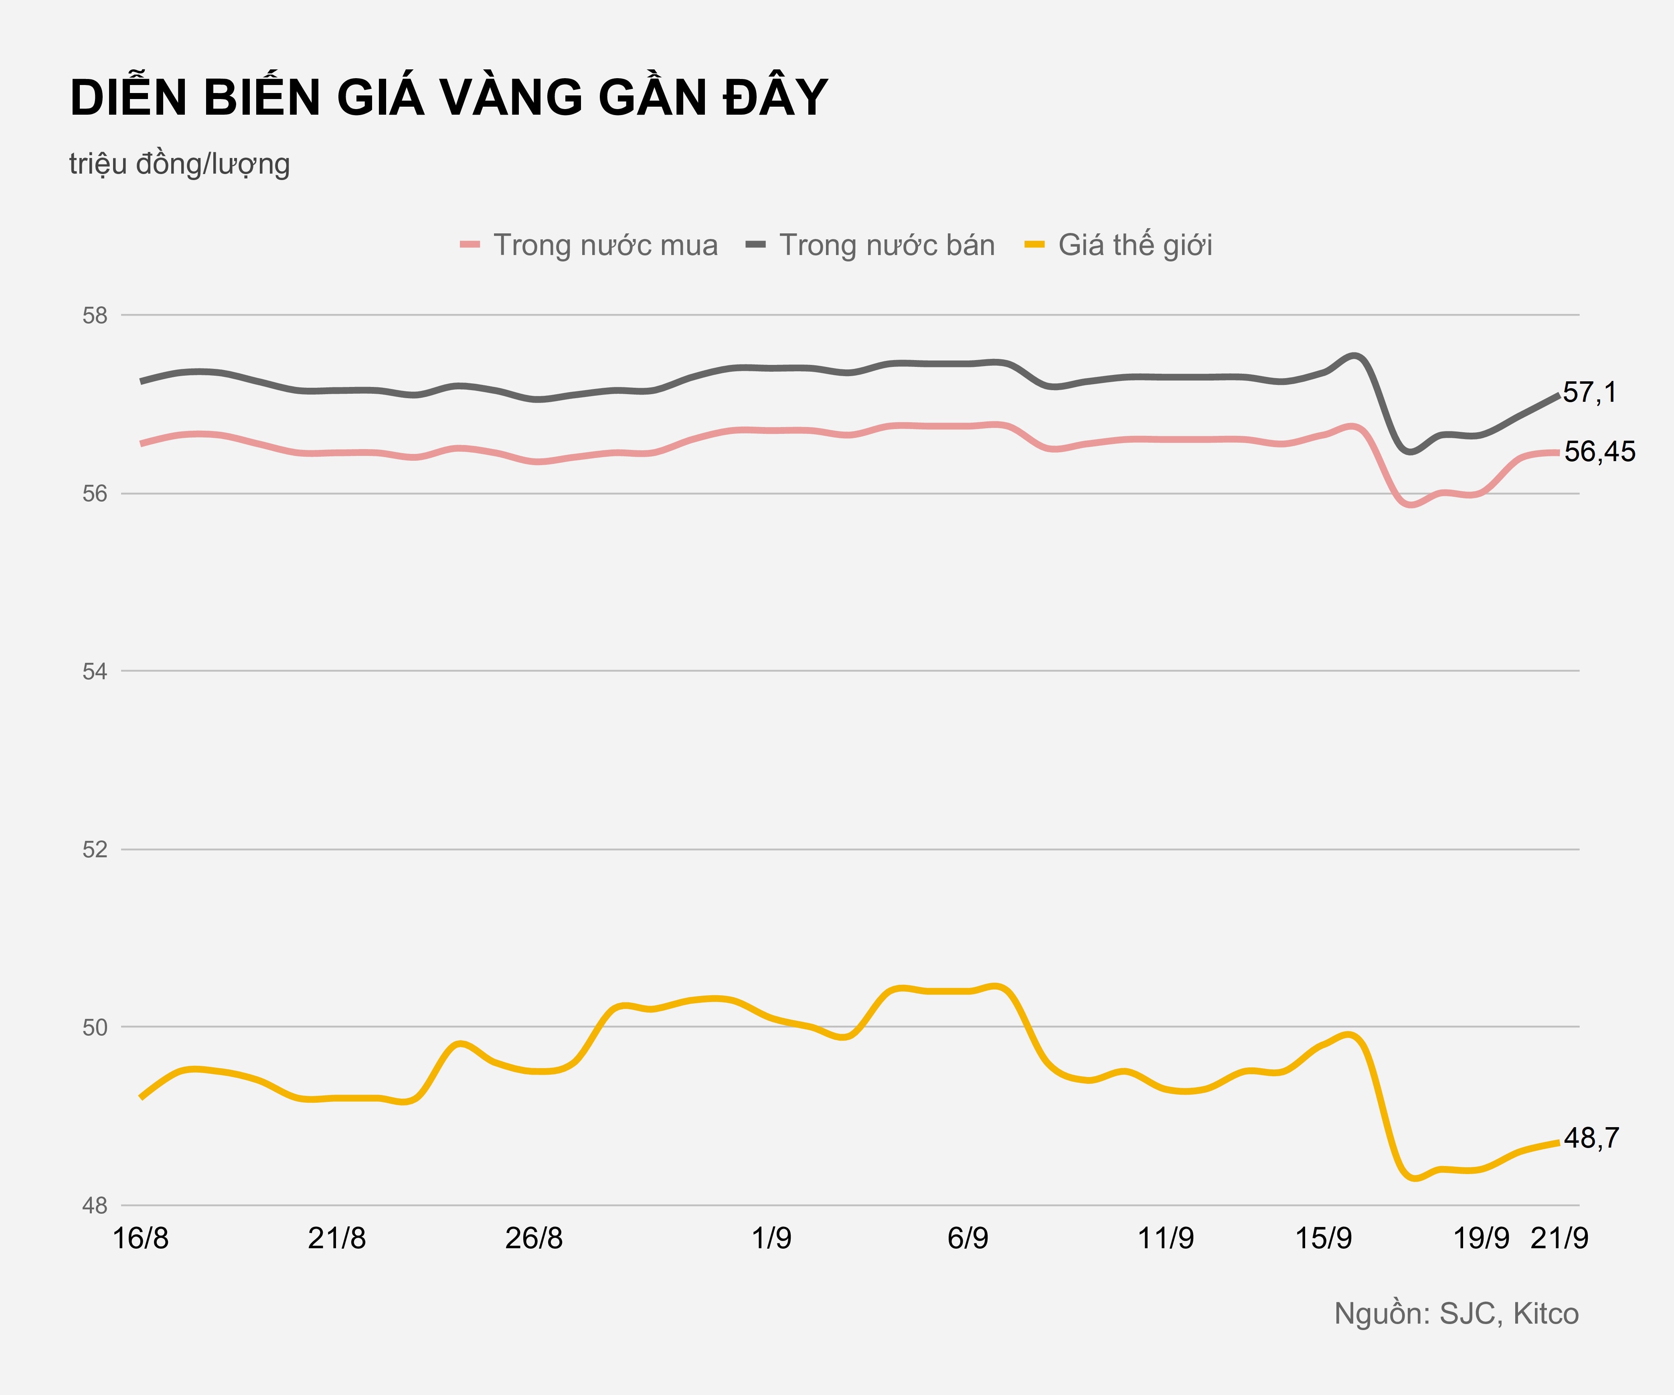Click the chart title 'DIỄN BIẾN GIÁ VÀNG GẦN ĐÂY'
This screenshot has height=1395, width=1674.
[x=449, y=98]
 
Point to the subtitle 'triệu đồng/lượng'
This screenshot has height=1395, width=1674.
[x=179, y=164]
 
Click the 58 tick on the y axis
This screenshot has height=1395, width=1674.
[x=95, y=316]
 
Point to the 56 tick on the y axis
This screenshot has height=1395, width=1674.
[x=95, y=494]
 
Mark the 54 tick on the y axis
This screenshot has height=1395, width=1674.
[x=95, y=671]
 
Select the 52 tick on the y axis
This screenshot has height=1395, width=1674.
[x=95, y=850]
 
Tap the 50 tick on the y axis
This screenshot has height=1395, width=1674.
[x=95, y=1028]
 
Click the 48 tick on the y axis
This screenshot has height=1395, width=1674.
[x=95, y=1205]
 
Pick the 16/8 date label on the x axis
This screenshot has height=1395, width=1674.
[x=141, y=1238]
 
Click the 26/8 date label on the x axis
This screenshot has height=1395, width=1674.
[x=534, y=1238]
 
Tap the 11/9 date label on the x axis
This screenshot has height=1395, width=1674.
[x=1166, y=1238]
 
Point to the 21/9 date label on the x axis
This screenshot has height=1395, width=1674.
[x=1559, y=1238]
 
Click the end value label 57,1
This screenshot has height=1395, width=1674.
[x=1589, y=392]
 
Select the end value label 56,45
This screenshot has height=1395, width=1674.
[x=1599, y=452]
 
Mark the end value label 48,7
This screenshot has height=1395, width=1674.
[x=1591, y=1138]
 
